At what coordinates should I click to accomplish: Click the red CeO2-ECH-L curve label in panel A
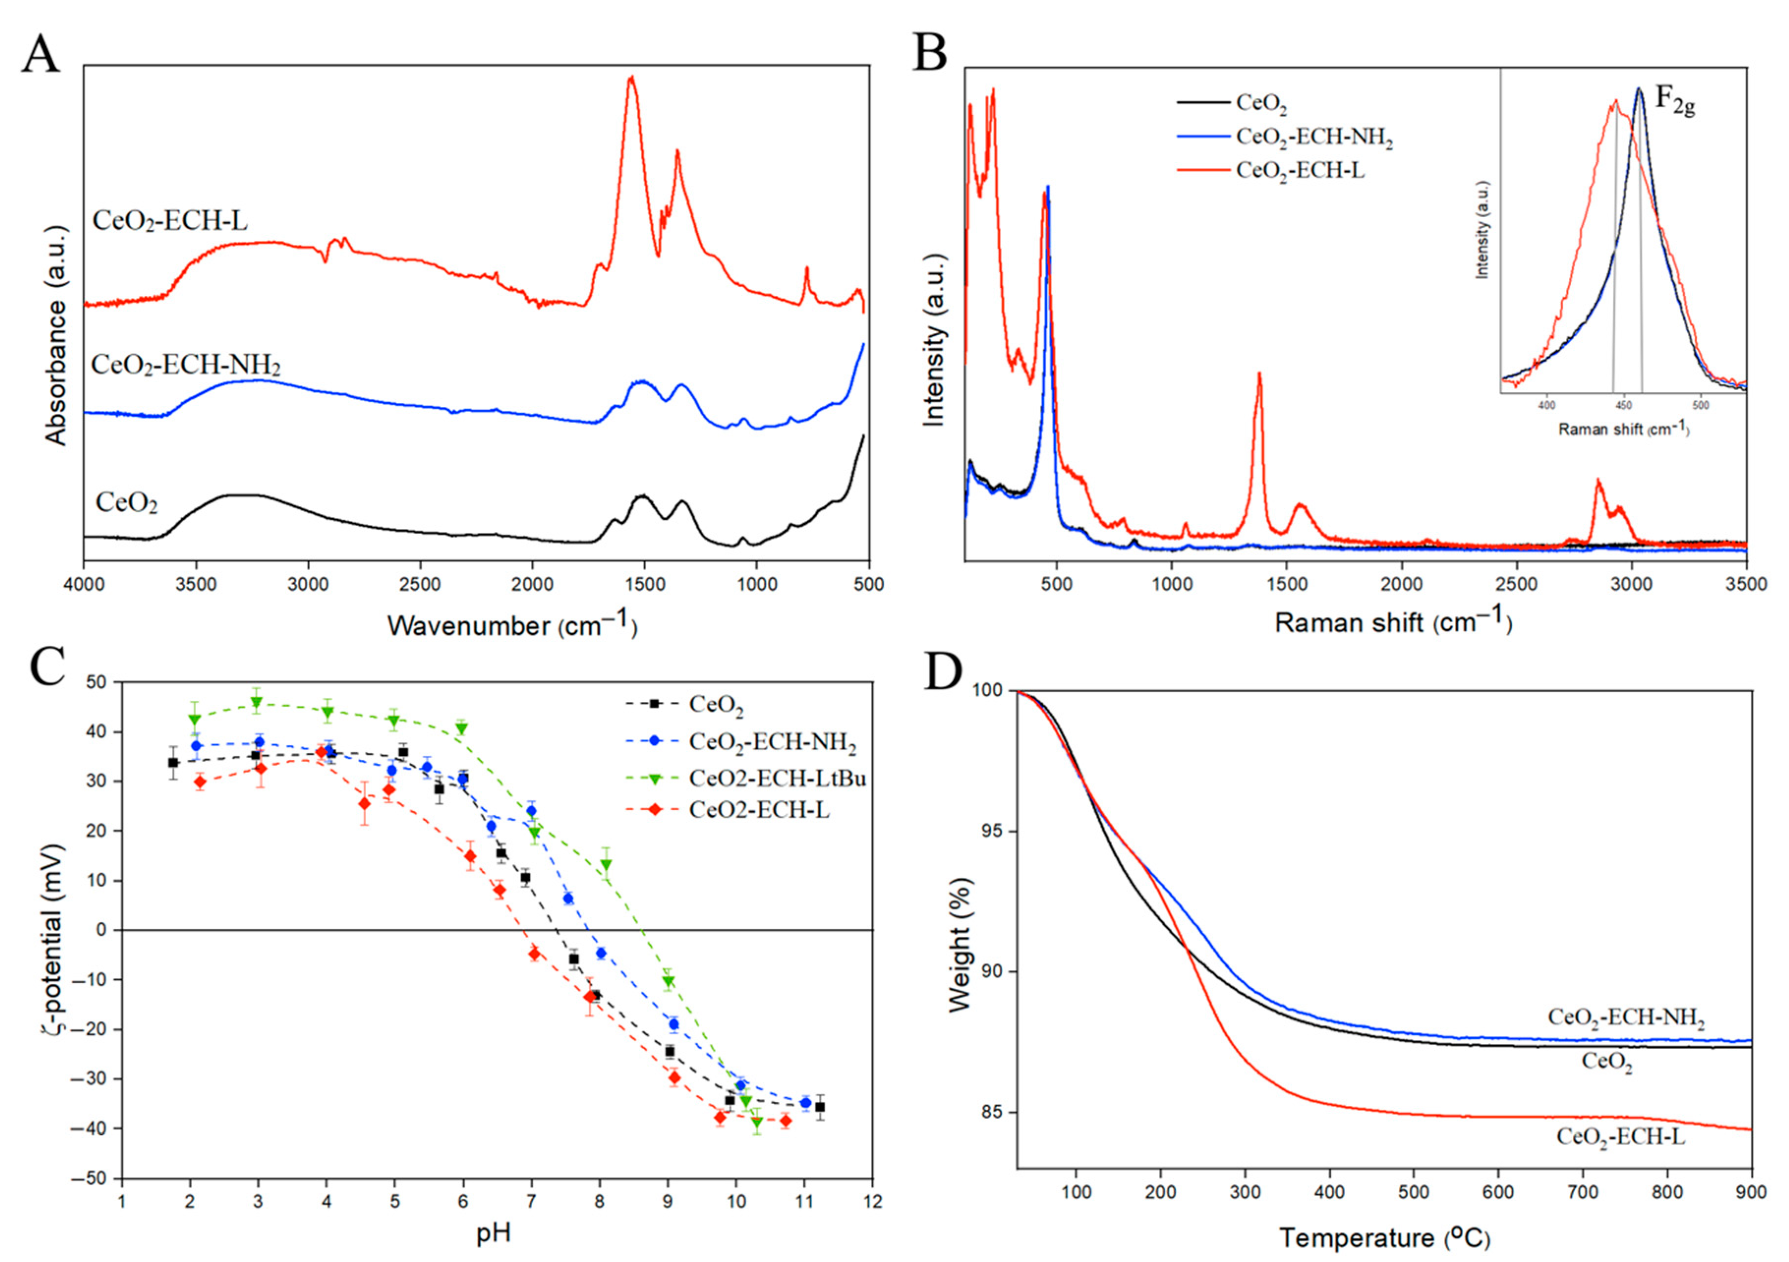[x=170, y=221]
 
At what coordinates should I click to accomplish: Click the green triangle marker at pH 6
[x=462, y=728]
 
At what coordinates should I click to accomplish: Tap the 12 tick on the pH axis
[x=873, y=1202]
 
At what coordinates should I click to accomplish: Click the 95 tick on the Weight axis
[x=991, y=831]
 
